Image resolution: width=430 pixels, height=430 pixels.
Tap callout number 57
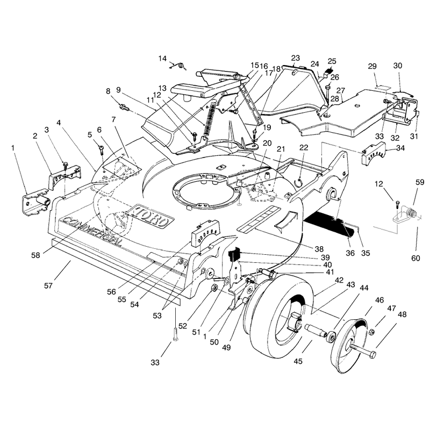tap(48, 286)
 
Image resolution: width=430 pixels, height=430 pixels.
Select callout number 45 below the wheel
tap(298, 361)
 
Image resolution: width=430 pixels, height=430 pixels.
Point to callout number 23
tap(295, 58)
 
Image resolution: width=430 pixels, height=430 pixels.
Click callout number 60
tap(415, 258)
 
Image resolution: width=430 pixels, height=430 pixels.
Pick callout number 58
tap(35, 255)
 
